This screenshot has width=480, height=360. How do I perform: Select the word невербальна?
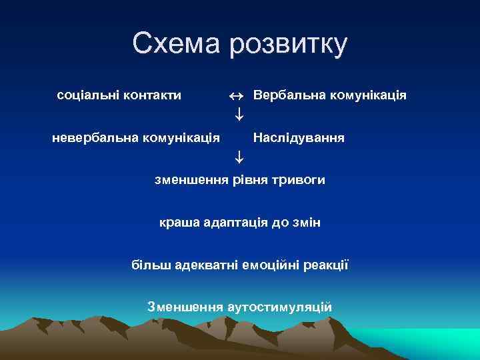point(95,138)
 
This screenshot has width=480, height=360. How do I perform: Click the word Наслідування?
point(299,138)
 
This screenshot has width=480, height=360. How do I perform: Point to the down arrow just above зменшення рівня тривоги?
point(238,158)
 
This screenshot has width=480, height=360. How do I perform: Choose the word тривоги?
point(300,180)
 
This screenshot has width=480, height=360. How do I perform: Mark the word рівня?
point(252,180)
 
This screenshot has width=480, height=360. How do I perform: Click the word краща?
point(177,222)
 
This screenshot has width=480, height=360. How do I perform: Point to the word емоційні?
point(273,265)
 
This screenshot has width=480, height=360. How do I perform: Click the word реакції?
point(327,265)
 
